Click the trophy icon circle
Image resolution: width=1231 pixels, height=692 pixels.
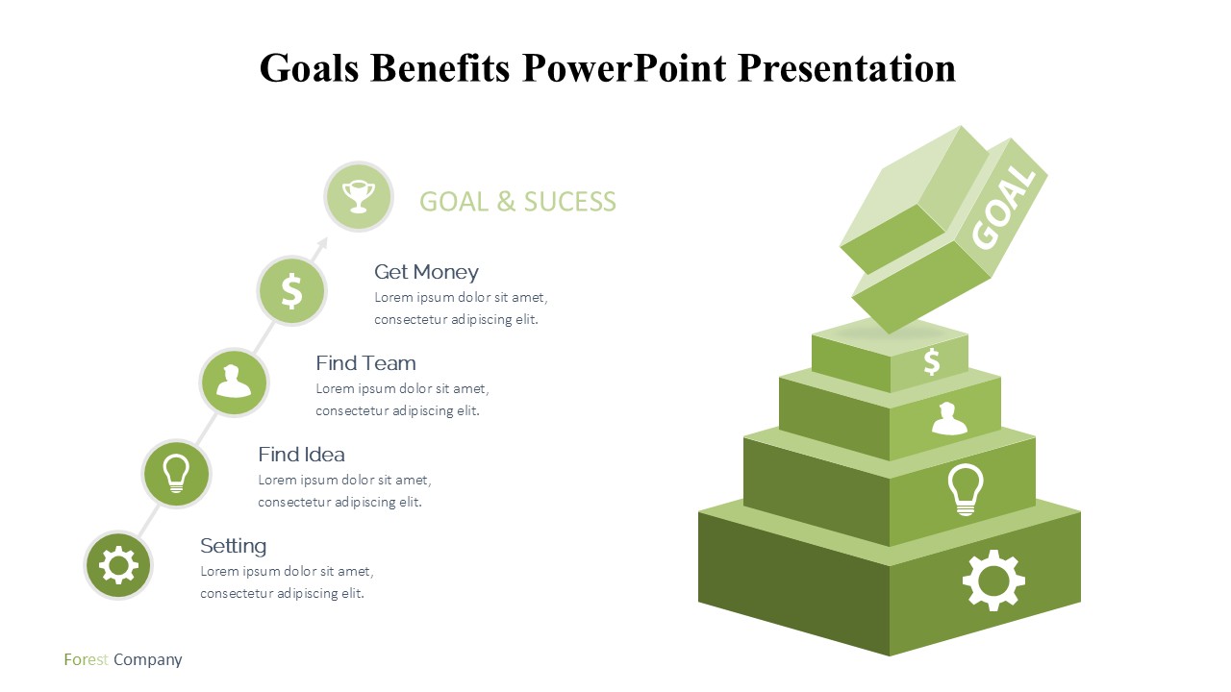pyautogui.click(x=359, y=197)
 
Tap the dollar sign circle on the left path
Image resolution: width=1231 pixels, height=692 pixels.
pyautogui.click(x=291, y=290)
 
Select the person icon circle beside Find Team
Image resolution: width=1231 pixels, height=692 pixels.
pyautogui.click(x=234, y=383)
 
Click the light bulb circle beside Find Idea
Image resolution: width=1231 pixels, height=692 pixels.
pyautogui.click(x=176, y=474)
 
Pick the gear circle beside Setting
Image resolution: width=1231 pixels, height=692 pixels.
pyautogui.click(x=118, y=565)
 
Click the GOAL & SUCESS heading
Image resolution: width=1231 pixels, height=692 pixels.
pyautogui.click(x=517, y=202)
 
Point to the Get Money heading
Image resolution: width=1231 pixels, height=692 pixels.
pyautogui.click(x=426, y=272)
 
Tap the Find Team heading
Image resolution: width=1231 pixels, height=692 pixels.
pyautogui.click(x=365, y=363)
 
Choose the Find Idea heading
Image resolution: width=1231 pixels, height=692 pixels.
pyautogui.click(x=302, y=455)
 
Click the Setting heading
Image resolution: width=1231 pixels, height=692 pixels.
pyautogui.click(x=233, y=546)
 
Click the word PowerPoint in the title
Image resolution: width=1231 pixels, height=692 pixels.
pyautogui.click(x=624, y=68)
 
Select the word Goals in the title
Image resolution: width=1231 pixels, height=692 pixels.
pyautogui.click(x=309, y=68)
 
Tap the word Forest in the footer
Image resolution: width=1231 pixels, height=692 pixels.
pyautogui.click(x=86, y=659)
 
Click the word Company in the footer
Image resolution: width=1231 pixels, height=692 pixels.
pyautogui.click(x=148, y=660)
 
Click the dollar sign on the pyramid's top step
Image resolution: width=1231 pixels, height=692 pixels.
pyautogui.click(x=932, y=361)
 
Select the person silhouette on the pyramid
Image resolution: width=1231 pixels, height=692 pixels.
pyautogui.click(x=949, y=418)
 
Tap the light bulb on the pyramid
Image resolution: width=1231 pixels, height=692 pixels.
pyautogui.click(x=966, y=489)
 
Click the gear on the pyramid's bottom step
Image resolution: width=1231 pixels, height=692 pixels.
pyautogui.click(x=993, y=580)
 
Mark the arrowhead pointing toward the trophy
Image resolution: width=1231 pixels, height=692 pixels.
pyautogui.click(x=322, y=244)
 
